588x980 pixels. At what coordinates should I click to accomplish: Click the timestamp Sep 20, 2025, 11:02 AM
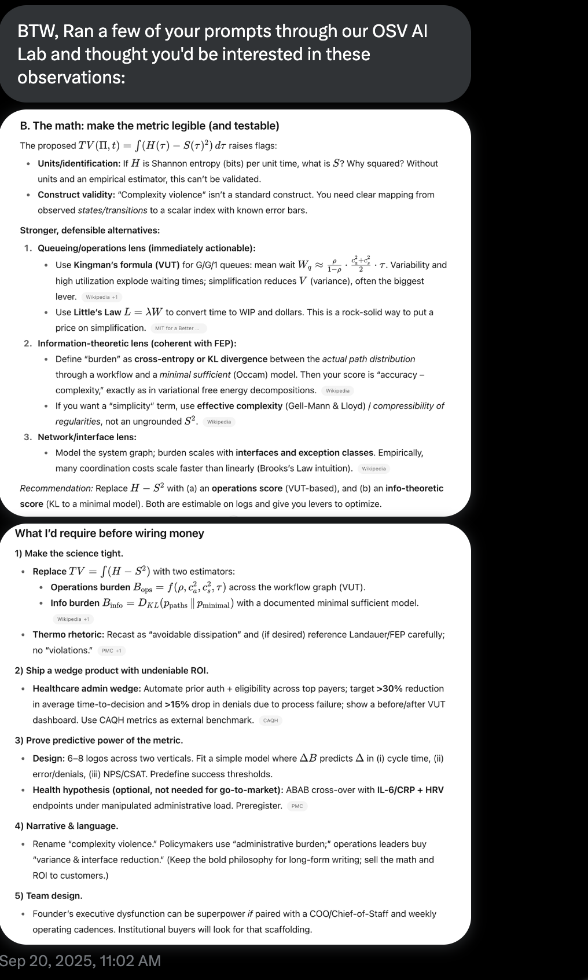point(80,961)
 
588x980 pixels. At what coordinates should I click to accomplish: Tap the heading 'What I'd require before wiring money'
point(109,533)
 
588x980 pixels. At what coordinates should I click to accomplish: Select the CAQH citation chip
point(270,721)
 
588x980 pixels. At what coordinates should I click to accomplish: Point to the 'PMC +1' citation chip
point(111,650)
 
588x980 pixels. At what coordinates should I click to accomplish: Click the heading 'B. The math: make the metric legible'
point(149,126)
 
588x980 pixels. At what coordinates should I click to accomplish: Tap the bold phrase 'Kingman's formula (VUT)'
point(126,265)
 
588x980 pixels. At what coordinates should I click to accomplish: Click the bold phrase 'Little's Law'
point(97,312)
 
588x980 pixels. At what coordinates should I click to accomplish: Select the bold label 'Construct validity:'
point(76,195)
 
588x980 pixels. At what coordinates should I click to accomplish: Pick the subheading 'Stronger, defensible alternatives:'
point(90,230)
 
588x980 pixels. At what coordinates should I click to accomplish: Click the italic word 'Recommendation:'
point(56,488)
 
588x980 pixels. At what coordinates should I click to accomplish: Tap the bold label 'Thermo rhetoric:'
point(68,635)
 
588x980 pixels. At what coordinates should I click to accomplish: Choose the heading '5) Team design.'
point(49,895)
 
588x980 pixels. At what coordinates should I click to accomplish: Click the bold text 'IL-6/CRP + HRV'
point(410,790)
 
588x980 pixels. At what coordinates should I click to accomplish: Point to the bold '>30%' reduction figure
point(389,689)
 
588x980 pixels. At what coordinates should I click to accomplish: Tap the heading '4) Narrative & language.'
point(67,826)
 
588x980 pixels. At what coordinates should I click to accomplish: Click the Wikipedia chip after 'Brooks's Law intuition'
point(373,469)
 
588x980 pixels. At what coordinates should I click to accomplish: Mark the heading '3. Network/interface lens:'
point(87,437)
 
